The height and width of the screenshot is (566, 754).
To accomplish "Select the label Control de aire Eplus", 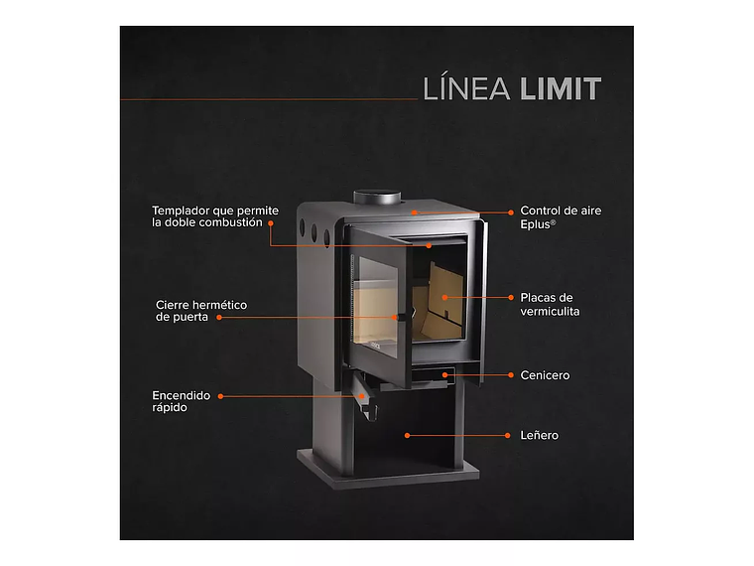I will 561,217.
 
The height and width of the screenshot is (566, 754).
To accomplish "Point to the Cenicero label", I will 545,375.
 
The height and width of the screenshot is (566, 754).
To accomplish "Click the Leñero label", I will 539,435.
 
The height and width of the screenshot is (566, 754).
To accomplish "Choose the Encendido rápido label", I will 182,400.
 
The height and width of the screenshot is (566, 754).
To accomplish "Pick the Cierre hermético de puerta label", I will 201,311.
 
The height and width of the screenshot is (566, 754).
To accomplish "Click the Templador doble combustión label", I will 215,216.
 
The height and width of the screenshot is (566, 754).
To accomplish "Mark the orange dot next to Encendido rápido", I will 220,395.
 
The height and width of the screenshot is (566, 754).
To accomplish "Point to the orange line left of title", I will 268,99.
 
